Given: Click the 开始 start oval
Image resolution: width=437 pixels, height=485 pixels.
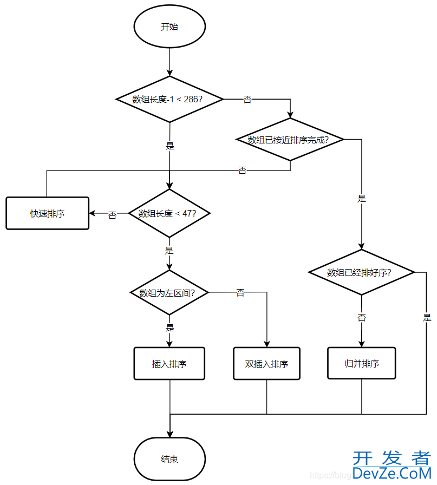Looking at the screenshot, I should pyautogui.click(x=169, y=27).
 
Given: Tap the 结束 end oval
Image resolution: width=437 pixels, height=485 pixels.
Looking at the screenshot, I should pyautogui.click(x=169, y=459).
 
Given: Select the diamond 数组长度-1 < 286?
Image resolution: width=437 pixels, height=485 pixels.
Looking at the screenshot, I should pyautogui.click(x=169, y=99).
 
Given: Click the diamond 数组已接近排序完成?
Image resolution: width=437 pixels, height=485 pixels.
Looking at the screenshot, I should pyautogui.click(x=290, y=140).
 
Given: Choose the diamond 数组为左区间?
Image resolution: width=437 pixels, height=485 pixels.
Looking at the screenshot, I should pyautogui.click(x=169, y=293).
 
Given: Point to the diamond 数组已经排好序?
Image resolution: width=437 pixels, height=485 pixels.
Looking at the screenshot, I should pyautogui.click(x=362, y=272).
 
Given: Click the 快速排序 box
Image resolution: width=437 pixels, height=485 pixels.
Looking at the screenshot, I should pyautogui.click(x=47, y=213).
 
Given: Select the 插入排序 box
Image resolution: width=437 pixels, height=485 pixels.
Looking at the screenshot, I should pyautogui.click(x=169, y=364).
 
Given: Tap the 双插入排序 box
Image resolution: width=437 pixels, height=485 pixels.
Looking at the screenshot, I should pyautogui.click(x=266, y=364).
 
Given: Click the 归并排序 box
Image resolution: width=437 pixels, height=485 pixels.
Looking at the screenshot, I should pyautogui.click(x=362, y=363).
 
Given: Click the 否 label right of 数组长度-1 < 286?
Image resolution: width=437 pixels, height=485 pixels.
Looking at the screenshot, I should pyautogui.click(x=247, y=100).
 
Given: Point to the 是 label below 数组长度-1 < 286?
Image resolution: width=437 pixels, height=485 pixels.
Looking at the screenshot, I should pyautogui.click(x=169, y=146).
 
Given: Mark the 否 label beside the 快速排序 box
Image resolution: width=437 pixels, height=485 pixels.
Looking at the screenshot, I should pyautogui.click(x=112, y=215).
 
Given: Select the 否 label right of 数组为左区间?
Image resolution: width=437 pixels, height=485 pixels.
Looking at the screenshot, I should pyautogui.click(x=240, y=293).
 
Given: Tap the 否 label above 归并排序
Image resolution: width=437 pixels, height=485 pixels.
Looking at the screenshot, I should pyautogui.click(x=362, y=318).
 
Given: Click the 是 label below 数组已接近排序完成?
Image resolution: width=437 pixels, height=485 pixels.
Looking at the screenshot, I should pyautogui.click(x=362, y=198).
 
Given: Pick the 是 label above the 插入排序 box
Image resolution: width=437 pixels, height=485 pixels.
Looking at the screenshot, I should pyautogui.click(x=169, y=327).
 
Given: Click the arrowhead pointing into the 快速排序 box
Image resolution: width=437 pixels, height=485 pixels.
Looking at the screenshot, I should pyautogui.click(x=93, y=213).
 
